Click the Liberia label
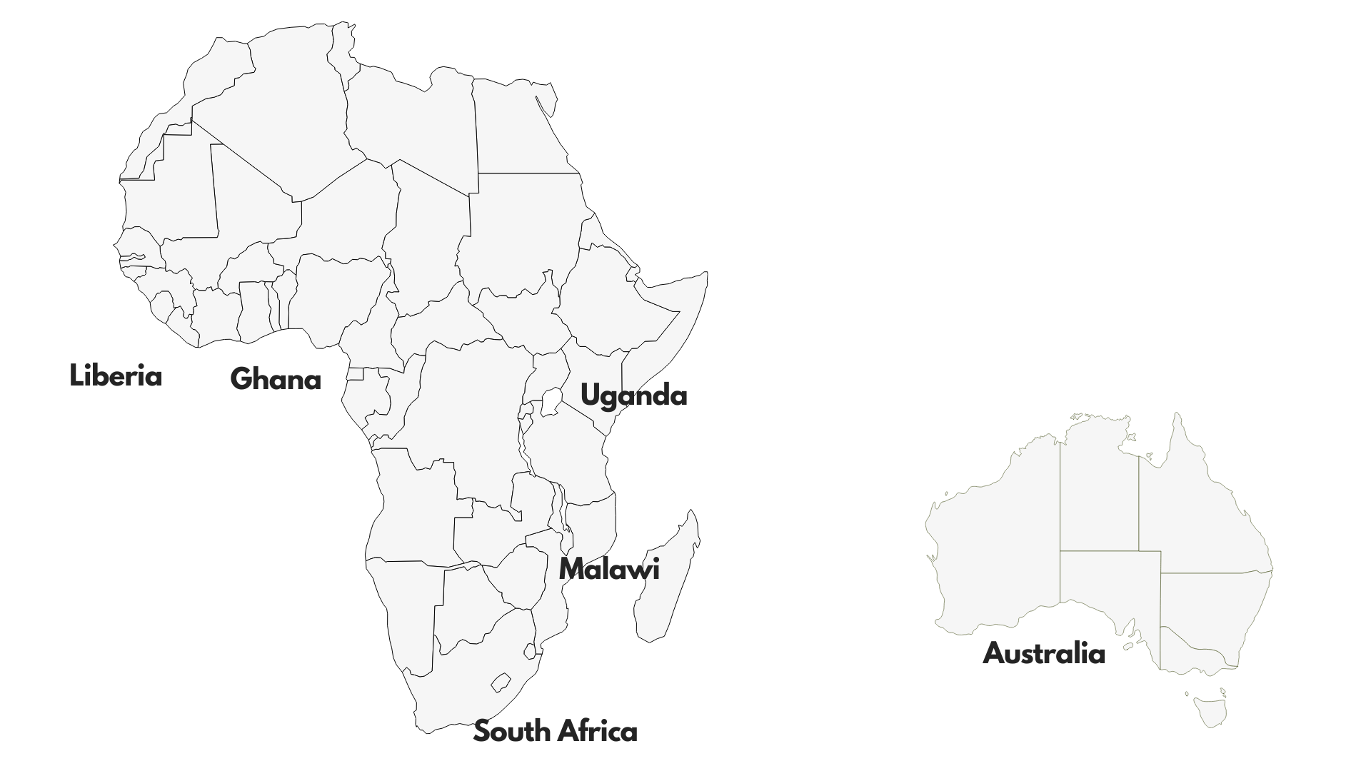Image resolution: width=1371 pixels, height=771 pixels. (116, 376)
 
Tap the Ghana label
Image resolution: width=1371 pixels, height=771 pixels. (276, 378)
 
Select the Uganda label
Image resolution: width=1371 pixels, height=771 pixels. (633, 395)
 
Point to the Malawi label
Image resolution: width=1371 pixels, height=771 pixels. (608, 569)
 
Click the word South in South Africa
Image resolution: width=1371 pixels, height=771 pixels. (512, 731)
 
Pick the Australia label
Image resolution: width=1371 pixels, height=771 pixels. (1043, 653)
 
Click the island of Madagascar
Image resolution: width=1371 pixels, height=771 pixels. (668, 578)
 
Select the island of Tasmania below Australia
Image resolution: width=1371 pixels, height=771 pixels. (1209, 712)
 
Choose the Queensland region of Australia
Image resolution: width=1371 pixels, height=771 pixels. (1200, 514)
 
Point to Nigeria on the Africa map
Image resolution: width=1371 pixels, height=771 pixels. (336, 293)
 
